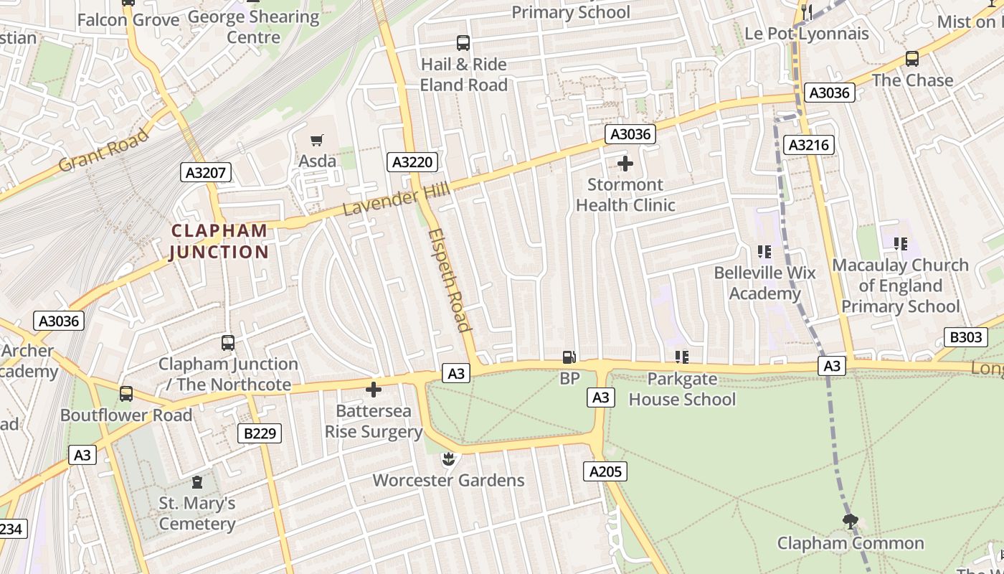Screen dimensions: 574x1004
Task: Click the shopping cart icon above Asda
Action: pyautogui.click(x=316, y=140)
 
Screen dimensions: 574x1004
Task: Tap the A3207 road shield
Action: pyautogui.click(x=206, y=172)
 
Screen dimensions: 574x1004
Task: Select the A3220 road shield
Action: pyautogui.click(x=412, y=162)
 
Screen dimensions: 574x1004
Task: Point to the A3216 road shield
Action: pyautogui.click(x=808, y=145)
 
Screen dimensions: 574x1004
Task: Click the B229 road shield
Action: pyautogui.click(x=259, y=433)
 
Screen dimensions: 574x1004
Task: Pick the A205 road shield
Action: pyautogui.click(x=605, y=471)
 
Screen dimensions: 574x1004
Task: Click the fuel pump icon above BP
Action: pyautogui.click(x=569, y=357)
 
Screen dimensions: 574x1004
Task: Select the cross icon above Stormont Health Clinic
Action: pyautogui.click(x=625, y=164)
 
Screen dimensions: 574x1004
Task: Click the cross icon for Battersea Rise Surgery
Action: pyautogui.click(x=374, y=390)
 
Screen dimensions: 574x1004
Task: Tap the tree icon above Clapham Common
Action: pyautogui.click(x=851, y=522)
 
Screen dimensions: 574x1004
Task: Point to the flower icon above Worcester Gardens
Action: pyautogui.click(x=448, y=458)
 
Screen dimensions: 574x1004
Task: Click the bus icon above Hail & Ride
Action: pyautogui.click(x=463, y=43)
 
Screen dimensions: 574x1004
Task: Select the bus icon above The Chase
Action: pyautogui.click(x=912, y=59)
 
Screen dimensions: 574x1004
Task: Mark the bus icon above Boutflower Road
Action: pyautogui.click(x=126, y=394)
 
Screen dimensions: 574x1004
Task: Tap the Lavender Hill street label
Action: pyautogui.click(x=396, y=199)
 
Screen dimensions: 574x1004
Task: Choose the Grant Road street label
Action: pyautogui.click(x=103, y=150)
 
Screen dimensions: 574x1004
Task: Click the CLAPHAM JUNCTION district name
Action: pyautogui.click(x=219, y=241)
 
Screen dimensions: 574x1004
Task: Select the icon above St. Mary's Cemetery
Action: pyautogui.click(x=197, y=482)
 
